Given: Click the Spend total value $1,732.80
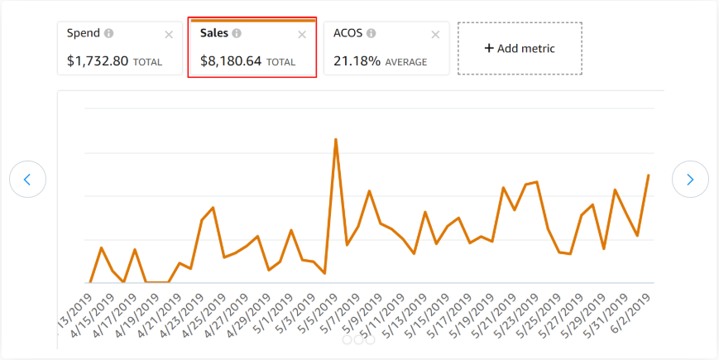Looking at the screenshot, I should (x=98, y=61).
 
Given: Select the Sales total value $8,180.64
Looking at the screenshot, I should (x=232, y=61).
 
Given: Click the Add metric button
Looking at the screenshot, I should (x=520, y=48).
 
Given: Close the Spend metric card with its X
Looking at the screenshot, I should (x=169, y=34).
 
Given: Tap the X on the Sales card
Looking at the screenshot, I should (x=302, y=34).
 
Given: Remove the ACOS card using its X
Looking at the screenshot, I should (x=435, y=34).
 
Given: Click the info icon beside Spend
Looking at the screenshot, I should (x=109, y=33).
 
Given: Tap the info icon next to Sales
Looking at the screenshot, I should (x=237, y=33).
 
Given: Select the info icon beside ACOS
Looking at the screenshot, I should (x=371, y=33).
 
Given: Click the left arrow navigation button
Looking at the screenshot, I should (x=27, y=179).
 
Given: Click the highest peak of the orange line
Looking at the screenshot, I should (x=335, y=139).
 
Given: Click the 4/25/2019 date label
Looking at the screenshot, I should (x=204, y=313).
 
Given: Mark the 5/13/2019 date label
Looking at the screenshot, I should (x=406, y=313).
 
